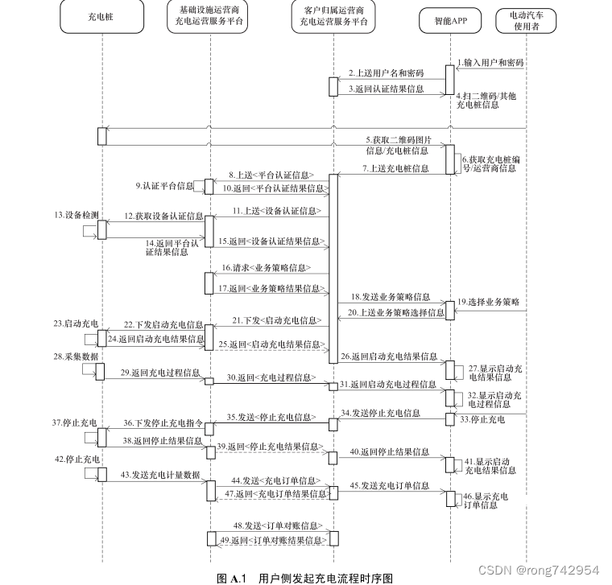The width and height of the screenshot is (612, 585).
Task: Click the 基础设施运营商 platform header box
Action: click(209, 20)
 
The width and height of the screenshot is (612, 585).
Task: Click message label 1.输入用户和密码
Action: click(490, 62)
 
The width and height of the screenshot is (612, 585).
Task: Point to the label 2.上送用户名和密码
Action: click(387, 73)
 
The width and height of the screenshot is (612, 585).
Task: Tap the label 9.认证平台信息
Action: click(165, 186)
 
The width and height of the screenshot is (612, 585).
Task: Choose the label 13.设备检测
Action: click(76, 216)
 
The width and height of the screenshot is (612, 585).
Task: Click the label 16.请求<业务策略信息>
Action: click(267, 267)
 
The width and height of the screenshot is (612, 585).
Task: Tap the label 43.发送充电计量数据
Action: click(160, 475)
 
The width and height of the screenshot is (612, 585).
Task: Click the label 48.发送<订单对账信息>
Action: click(267, 525)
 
